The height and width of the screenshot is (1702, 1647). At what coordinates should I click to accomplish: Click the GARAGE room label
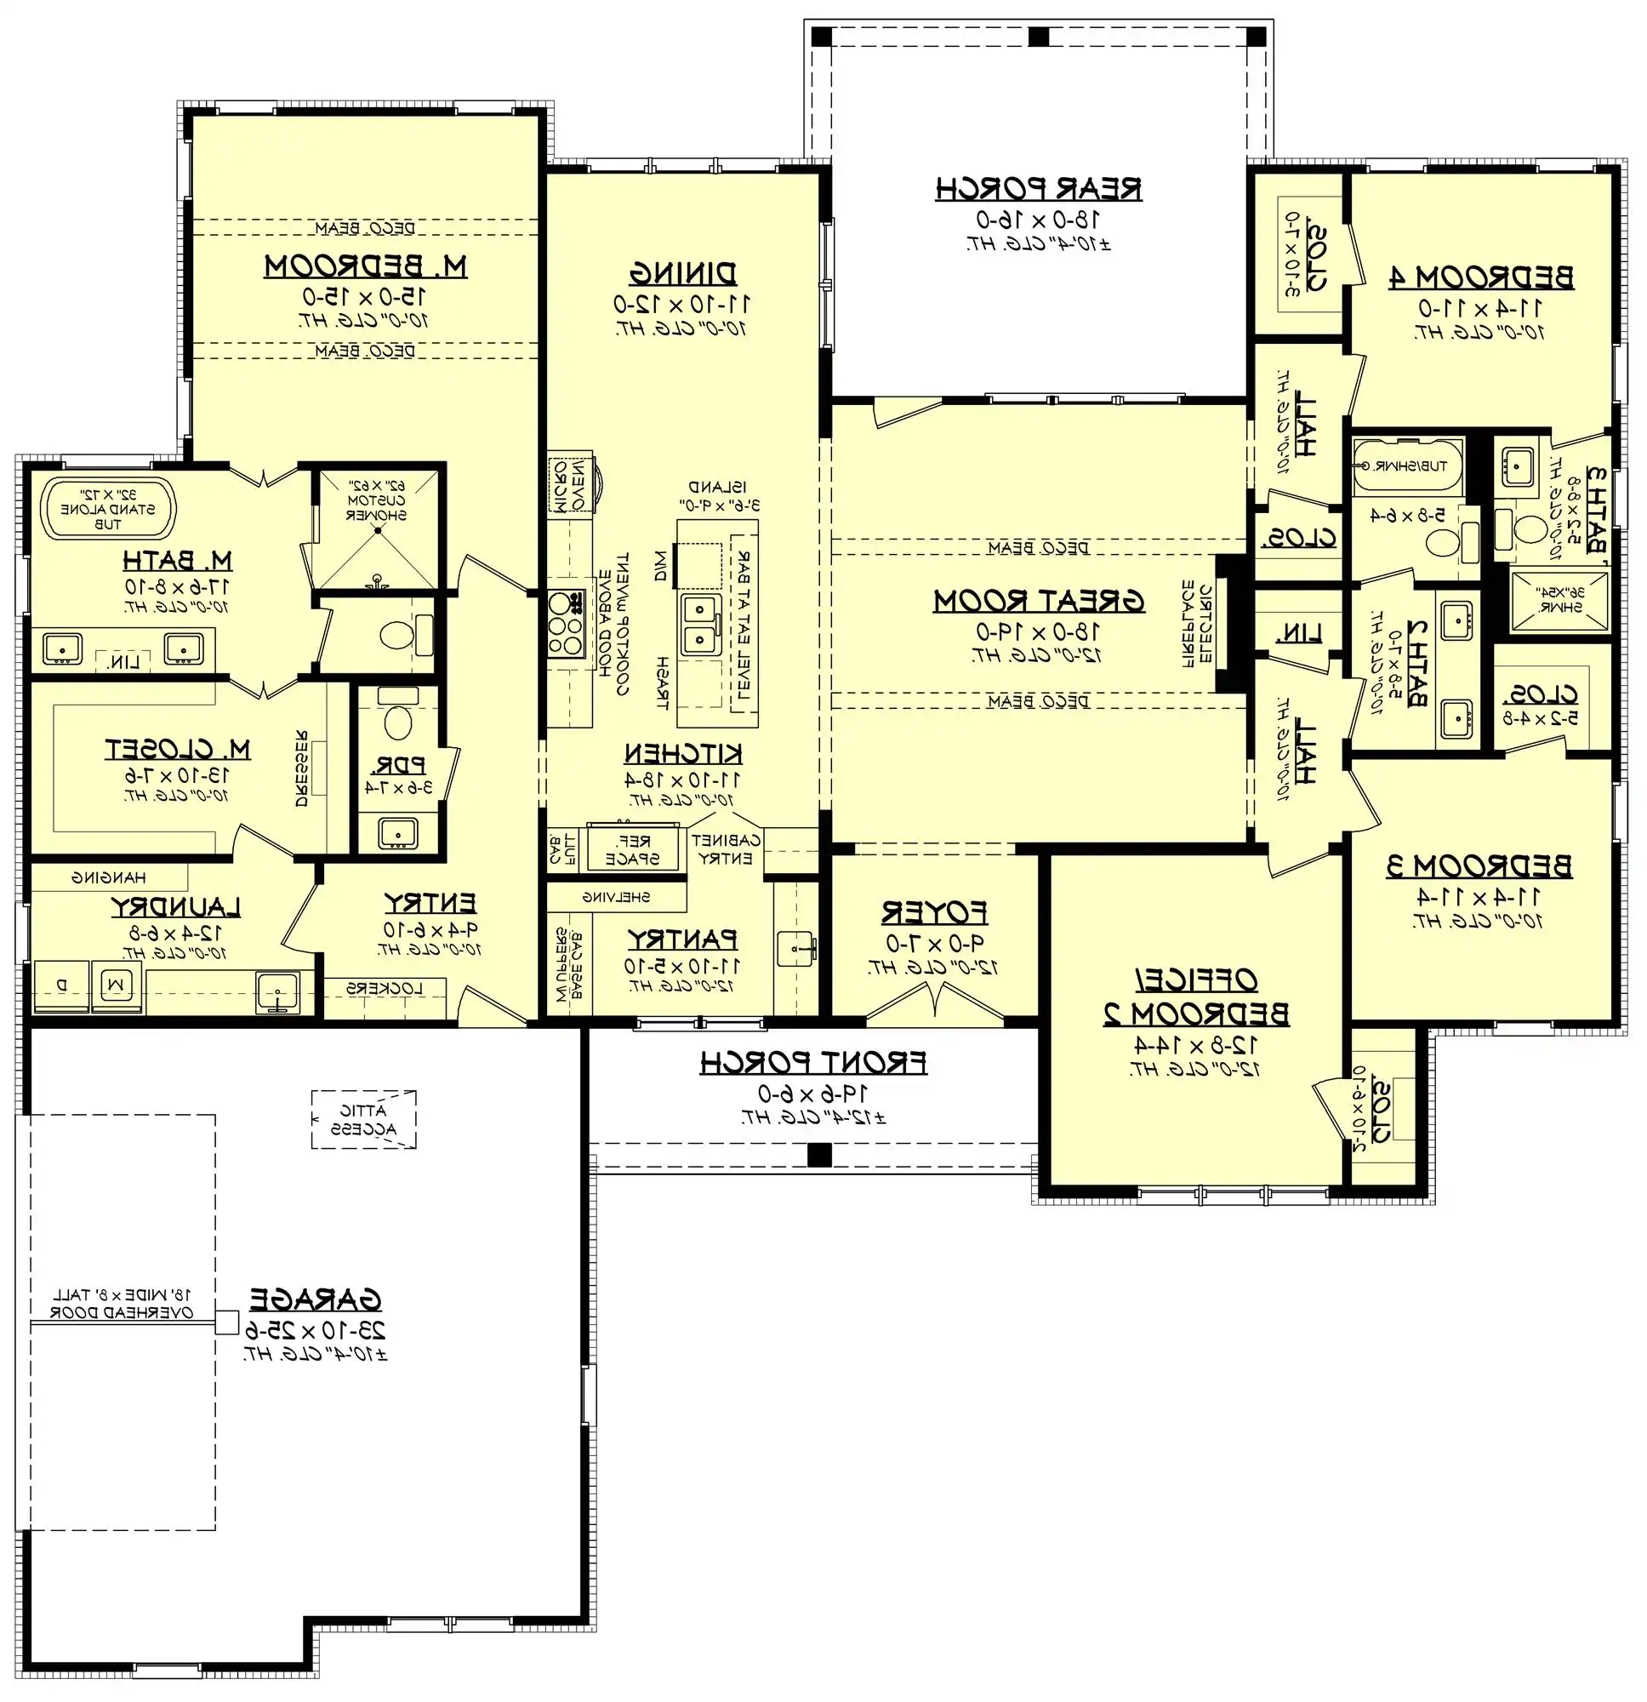[x=316, y=1300]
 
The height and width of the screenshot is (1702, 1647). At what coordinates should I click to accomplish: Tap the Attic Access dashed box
[x=364, y=1120]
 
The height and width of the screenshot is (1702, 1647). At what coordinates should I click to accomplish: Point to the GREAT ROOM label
[x=1039, y=601]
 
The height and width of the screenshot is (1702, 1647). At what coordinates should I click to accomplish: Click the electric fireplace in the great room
[x=1228, y=624]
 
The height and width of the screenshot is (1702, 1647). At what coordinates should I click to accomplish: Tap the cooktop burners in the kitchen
[x=565, y=624]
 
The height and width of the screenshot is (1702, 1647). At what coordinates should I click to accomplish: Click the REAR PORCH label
[x=1039, y=188]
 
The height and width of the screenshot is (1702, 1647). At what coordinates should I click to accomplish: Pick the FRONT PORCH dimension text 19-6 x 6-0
[x=813, y=1094]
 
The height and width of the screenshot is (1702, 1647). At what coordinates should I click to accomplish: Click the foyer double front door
[x=934, y=1005]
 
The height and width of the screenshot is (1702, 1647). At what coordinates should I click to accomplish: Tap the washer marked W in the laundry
[x=117, y=985]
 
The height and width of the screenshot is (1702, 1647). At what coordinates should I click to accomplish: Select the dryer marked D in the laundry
[x=60, y=985]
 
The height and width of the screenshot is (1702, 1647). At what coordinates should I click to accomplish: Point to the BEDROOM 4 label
[x=1480, y=278]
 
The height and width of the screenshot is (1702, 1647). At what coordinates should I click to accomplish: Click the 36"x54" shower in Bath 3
[x=1560, y=599]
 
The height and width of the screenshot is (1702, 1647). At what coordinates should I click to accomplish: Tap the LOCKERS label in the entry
[x=385, y=988]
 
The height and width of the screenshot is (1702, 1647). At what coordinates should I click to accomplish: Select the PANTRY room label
[x=682, y=940]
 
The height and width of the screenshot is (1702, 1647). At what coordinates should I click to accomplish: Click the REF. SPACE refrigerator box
[x=633, y=849]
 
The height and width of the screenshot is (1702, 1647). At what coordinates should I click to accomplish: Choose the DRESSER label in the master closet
[x=301, y=768]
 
